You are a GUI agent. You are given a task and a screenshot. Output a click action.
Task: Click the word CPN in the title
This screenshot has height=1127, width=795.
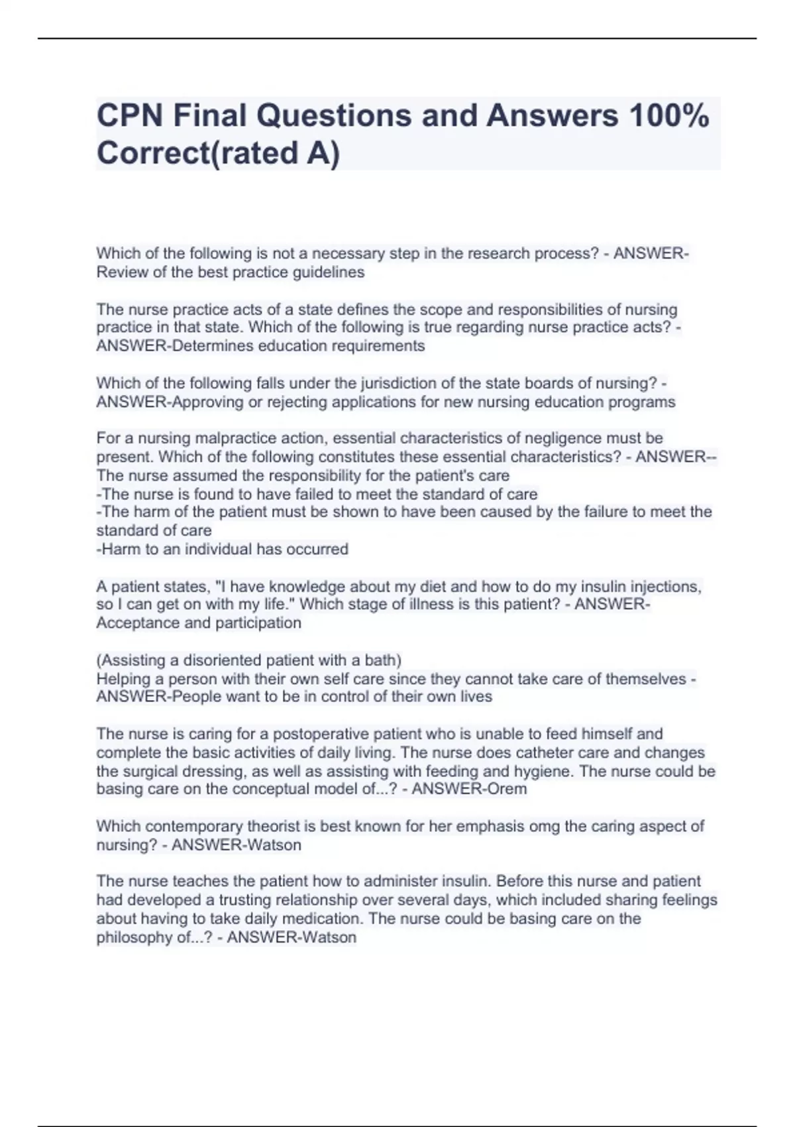click(129, 116)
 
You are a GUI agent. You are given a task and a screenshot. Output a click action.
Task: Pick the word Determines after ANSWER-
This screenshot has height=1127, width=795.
click(211, 346)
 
